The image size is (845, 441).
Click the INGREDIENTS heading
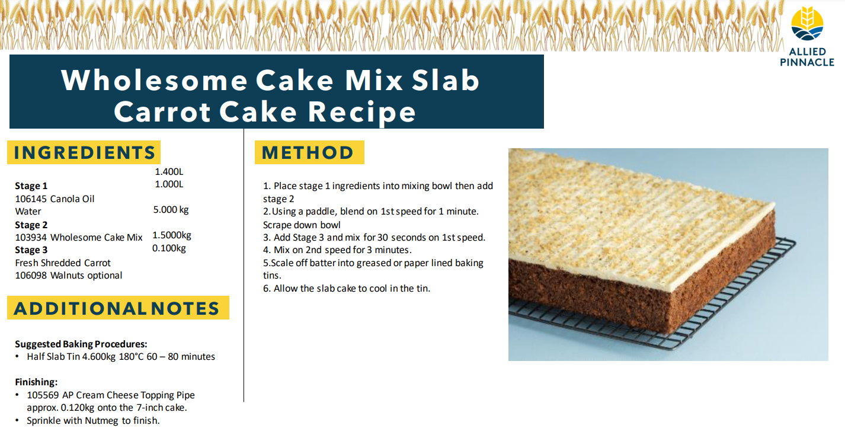point(84,152)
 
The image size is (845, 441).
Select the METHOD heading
point(308,152)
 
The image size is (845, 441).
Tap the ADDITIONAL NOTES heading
point(117,308)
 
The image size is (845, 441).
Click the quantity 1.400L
point(169,172)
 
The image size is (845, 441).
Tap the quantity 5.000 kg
point(171,210)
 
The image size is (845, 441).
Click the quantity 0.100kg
point(169,248)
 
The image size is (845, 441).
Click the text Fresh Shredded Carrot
point(63,263)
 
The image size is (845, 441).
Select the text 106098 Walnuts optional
point(69,275)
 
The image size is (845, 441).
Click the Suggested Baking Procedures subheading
point(81,344)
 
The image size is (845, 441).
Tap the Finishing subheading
point(36,382)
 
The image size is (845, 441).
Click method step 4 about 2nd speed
point(337,250)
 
